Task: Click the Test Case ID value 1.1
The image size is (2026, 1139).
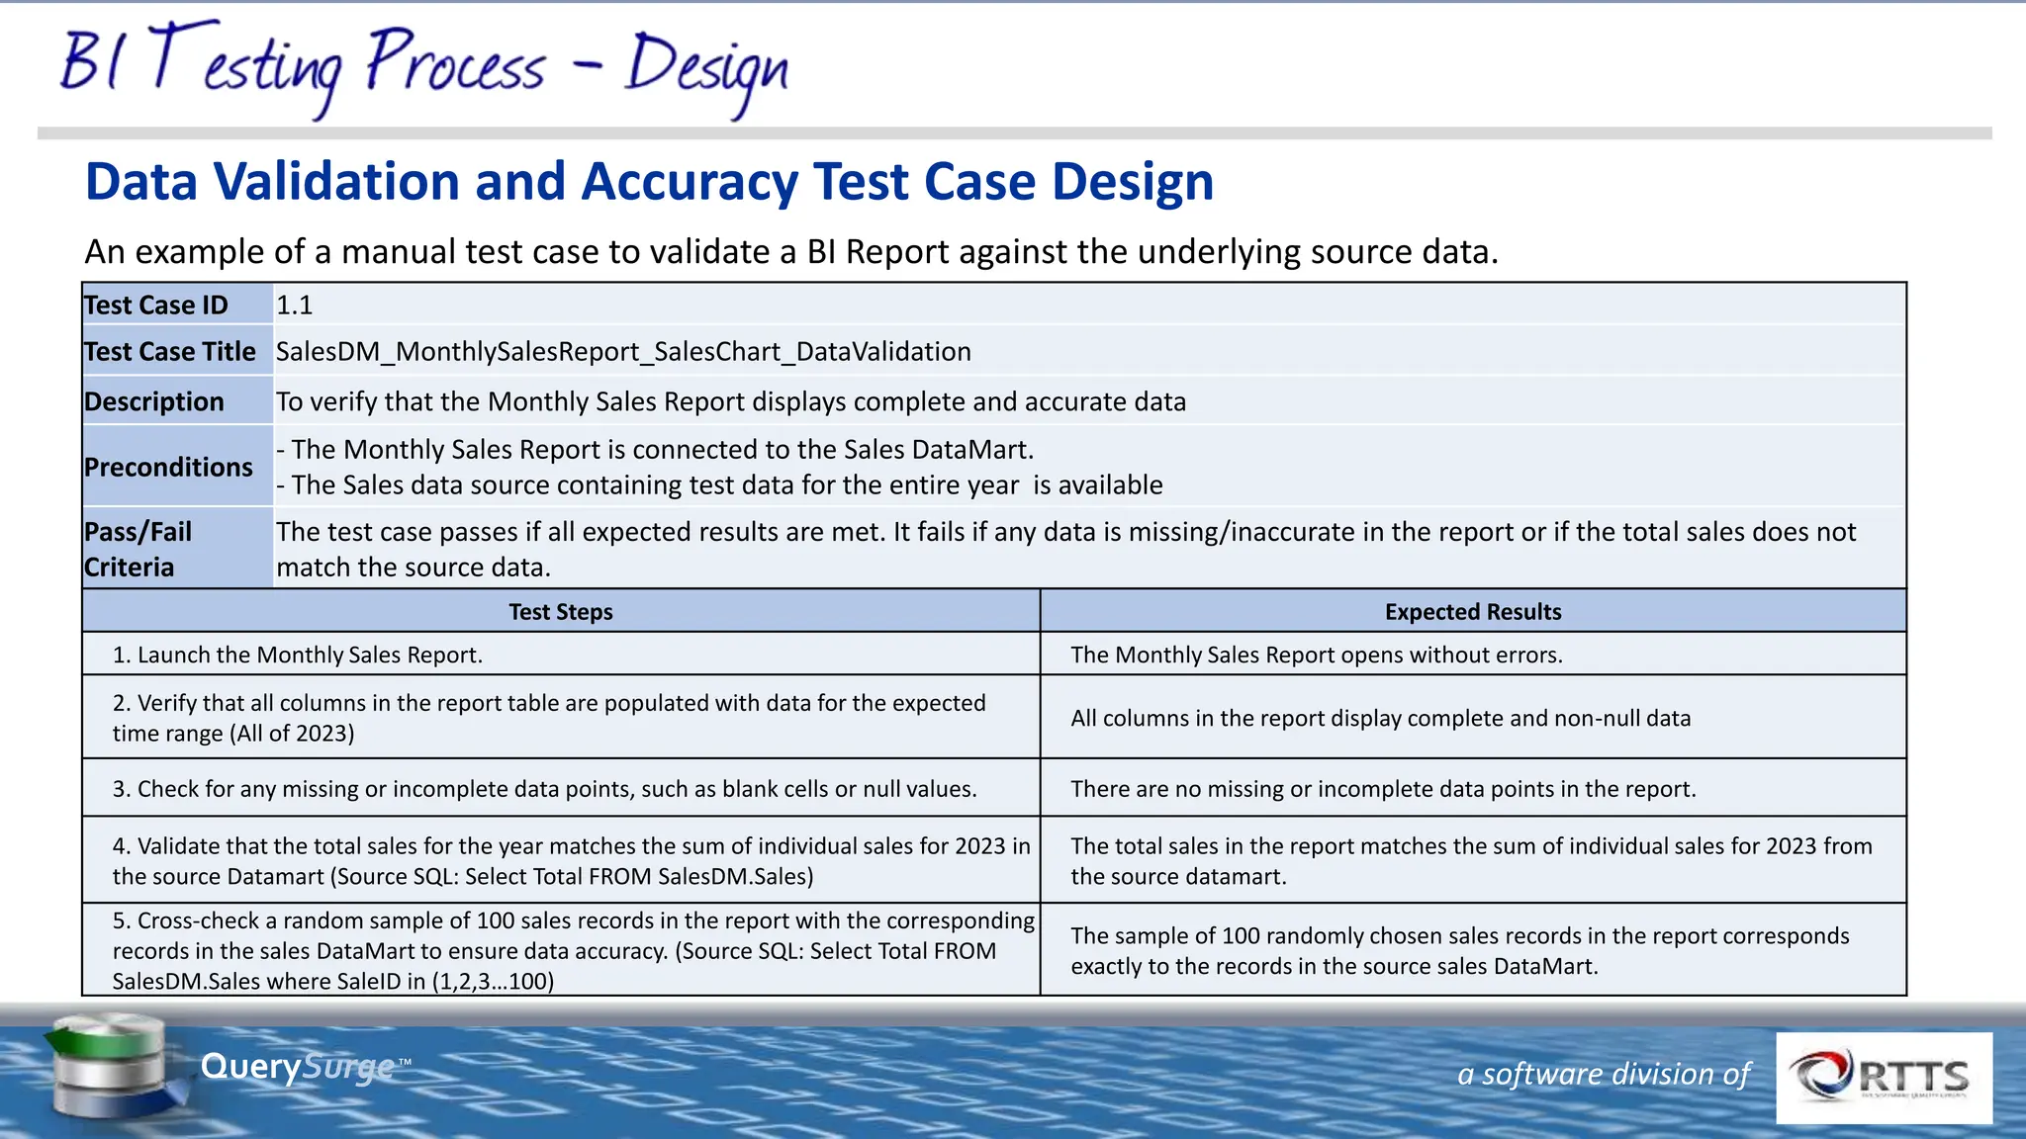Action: point(295,306)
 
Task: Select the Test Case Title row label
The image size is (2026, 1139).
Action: point(170,352)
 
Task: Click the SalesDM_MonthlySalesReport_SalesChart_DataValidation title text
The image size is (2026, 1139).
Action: point(623,352)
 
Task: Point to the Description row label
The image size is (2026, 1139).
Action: point(154,402)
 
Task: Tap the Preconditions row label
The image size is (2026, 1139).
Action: point(168,467)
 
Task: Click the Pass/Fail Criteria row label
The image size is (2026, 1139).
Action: point(138,549)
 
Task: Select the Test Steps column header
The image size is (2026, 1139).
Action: point(560,612)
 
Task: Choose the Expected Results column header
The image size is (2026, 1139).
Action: point(1472,612)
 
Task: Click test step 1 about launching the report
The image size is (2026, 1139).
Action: point(297,656)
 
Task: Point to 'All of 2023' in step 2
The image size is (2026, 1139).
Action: point(293,734)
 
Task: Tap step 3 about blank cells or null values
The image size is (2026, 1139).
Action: point(544,789)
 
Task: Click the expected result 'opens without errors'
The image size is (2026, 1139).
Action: point(1316,656)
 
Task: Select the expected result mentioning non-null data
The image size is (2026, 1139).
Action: point(1380,719)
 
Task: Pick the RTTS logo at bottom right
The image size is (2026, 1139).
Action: point(1884,1078)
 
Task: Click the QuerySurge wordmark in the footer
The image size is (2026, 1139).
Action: point(297,1067)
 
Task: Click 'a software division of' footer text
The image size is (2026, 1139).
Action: point(1603,1074)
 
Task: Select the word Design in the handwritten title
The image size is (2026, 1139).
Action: point(706,69)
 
